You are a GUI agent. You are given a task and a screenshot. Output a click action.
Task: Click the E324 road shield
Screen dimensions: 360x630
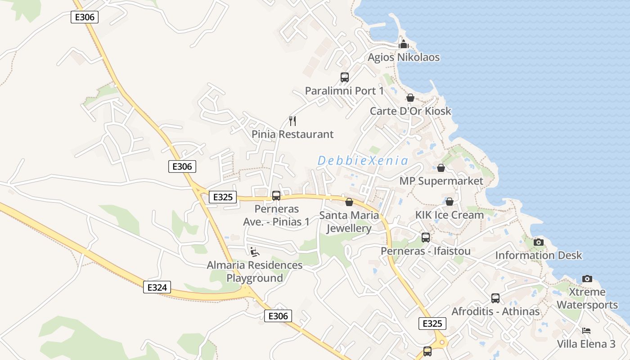tap(157, 287)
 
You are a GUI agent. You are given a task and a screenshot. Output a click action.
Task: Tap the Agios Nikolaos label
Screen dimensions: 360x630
tap(404, 58)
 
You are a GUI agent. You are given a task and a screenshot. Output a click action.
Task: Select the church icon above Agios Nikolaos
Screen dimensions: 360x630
tap(404, 44)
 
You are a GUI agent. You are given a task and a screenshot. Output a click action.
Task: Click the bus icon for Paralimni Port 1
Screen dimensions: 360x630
tap(345, 77)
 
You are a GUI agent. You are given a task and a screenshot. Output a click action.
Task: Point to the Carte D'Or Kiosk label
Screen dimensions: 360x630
tap(410, 111)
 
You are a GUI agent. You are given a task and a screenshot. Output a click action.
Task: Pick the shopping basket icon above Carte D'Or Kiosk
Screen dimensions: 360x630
tap(410, 98)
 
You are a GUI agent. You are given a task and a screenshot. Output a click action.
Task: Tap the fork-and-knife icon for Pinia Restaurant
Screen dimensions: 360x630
tap(292, 121)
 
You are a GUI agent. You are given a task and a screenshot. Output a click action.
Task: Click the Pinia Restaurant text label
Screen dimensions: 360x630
tap(292, 134)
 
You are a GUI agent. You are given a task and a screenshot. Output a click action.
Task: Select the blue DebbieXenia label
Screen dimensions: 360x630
tap(363, 161)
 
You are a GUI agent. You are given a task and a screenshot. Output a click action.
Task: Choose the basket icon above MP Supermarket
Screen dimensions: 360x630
tap(441, 168)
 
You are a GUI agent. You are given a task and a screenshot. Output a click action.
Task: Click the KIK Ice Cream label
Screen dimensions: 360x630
tap(449, 215)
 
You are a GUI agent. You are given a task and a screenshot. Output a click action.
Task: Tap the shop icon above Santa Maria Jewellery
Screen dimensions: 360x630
tap(349, 202)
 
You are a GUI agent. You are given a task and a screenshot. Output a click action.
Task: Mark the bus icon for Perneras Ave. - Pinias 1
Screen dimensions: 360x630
tap(276, 196)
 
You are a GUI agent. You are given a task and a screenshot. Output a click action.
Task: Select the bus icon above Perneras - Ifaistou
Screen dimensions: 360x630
tap(426, 237)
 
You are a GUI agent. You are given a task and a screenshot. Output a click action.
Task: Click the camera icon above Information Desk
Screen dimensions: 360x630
tap(539, 242)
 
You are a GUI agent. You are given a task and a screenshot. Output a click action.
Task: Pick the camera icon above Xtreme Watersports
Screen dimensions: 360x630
tap(587, 279)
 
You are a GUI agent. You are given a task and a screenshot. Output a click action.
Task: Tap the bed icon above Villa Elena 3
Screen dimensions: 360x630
tap(586, 331)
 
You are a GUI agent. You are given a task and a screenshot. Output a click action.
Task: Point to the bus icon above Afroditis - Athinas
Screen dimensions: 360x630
tap(495, 298)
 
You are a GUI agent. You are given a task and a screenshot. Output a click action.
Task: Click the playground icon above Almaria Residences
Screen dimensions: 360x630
tap(255, 252)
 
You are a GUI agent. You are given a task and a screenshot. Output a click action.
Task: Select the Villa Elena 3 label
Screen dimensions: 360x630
tap(586, 344)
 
